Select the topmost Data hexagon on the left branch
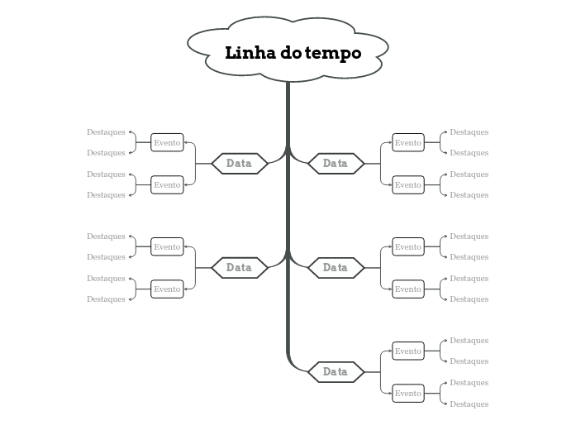(x=239, y=164)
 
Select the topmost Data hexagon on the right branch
(x=336, y=164)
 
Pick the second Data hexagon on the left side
(x=239, y=268)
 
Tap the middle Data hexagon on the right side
(x=336, y=268)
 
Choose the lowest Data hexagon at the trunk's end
(x=336, y=372)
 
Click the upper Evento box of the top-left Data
(x=167, y=143)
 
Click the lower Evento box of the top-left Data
(x=167, y=185)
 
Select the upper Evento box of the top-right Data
(x=407, y=143)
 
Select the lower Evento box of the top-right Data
(x=407, y=185)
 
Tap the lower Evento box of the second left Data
(x=167, y=289)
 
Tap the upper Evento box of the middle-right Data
(x=407, y=247)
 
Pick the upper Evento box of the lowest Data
(x=407, y=351)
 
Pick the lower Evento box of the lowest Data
(x=407, y=394)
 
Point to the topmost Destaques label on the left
(x=106, y=132)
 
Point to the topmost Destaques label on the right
(x=469, y=132)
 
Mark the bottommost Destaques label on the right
(x=469, y=404)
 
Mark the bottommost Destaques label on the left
(x=106, y=299)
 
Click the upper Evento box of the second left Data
(x=167, y=247)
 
